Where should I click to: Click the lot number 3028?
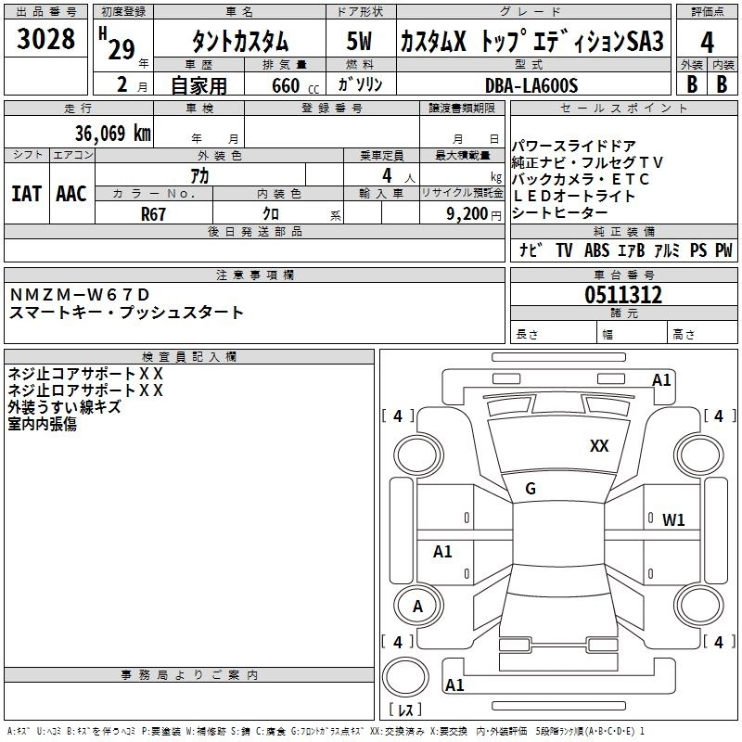coord(45,40)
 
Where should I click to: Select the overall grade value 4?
coord(708,42)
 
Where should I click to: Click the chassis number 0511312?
coord(623,296)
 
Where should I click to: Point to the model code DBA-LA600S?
coord(531,85)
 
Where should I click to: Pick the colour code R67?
coord(153,213)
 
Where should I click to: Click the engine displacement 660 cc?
coord(279,86)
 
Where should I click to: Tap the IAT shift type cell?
coord(26,193)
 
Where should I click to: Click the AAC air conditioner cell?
coord(70,193)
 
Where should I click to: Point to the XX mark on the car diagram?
coord(599,446)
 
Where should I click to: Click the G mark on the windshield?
coord(531,489)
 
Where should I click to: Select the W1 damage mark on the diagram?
coord(673,519)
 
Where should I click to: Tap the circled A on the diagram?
coord(417,607)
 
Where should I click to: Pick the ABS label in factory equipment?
coord(596,250)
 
